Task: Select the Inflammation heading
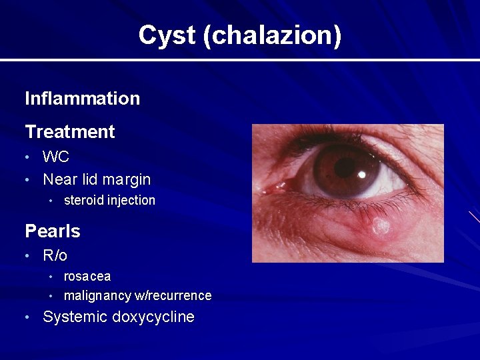click(82, 99)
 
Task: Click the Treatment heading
click(69, 132)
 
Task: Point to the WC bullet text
click(56, 157)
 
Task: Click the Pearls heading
click(52, 231)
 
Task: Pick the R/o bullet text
click(55, 255)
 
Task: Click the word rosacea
click(87, 276)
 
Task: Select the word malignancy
click(97, 295)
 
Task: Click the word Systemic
click(75, 317)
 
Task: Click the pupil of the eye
click(346, 167)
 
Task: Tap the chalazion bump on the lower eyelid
click(381, 226)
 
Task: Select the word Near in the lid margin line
click(58, 179)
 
